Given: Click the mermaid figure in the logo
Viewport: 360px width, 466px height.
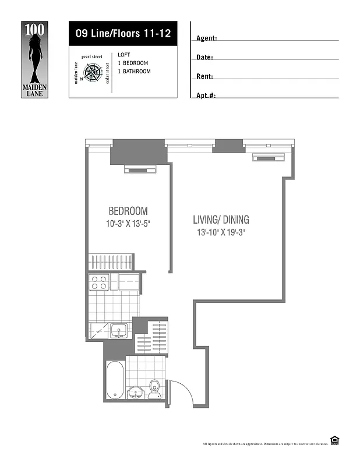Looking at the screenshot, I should coord(36,55).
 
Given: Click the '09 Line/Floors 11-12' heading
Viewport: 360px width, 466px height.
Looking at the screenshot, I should coord(122,33).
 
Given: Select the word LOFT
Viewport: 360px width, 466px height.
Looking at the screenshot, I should coord(124,55).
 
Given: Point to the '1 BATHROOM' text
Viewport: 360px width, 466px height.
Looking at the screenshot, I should coord(134,72).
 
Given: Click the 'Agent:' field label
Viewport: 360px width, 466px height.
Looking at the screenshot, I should coord(207,38).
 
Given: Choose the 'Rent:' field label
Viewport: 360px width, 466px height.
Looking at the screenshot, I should coord(204,76).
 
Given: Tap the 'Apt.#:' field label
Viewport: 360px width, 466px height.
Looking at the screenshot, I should coord(206,95).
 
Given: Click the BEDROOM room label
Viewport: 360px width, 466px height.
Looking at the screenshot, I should coord(128,211).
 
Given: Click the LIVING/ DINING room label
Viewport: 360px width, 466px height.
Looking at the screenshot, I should coord(221,220).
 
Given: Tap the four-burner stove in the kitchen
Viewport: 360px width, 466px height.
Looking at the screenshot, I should coord(98,283).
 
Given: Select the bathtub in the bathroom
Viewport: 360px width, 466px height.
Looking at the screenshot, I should coord(114,379).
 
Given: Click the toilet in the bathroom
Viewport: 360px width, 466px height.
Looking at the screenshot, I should coord(155,387).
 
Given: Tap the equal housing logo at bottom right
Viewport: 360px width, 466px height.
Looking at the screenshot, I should coord(334,440).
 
